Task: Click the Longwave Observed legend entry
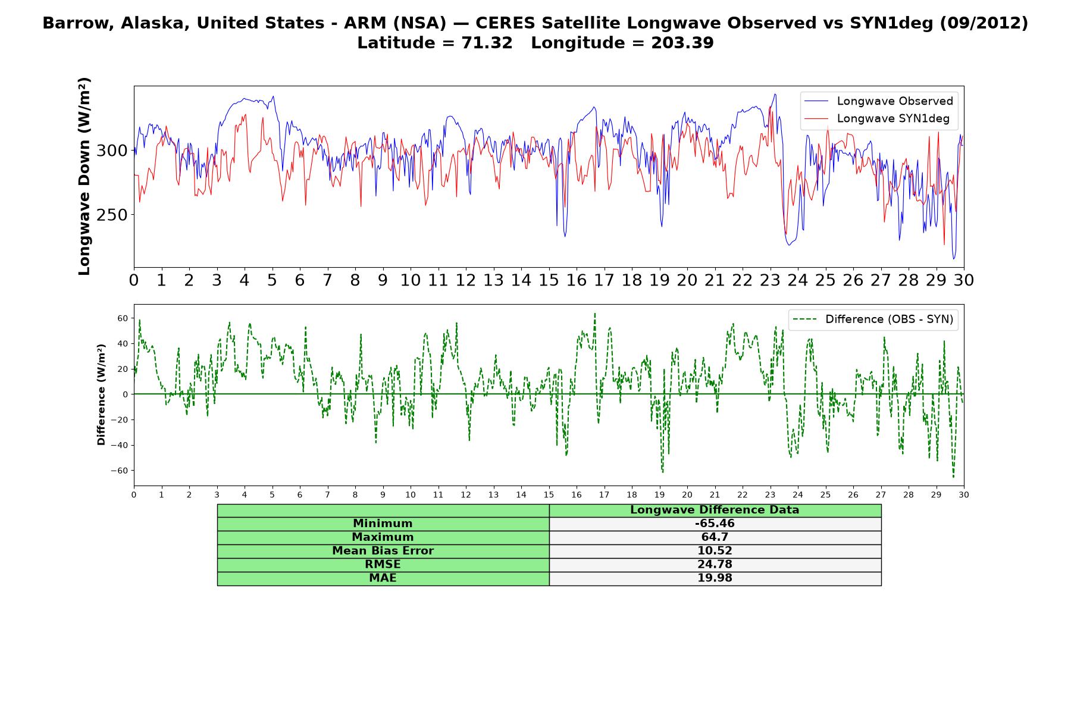(x=878, y=101)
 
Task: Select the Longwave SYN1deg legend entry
(x=878, y=118)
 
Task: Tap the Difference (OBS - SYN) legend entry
(x=872, y=320)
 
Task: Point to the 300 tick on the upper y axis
(x=112, y=151)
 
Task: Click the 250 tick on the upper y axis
(x=112, y=215)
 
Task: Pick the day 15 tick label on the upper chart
(x=549, y=280)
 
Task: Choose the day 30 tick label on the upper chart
(x=963, y=280)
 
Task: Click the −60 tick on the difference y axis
(x=118, y=471)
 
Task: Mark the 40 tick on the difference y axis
(x=123, y=343)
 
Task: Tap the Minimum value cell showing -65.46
(x=715, y=524)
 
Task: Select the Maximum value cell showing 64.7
(x=715, y=537)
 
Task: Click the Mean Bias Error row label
(x=383, y=551)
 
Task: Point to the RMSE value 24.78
(x=715, y=565)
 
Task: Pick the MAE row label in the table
(x=383, y=578)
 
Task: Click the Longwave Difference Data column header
(x=715, y=510)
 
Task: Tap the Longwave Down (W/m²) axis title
(x=84, y=176)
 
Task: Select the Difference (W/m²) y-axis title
(x=101, y=394)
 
